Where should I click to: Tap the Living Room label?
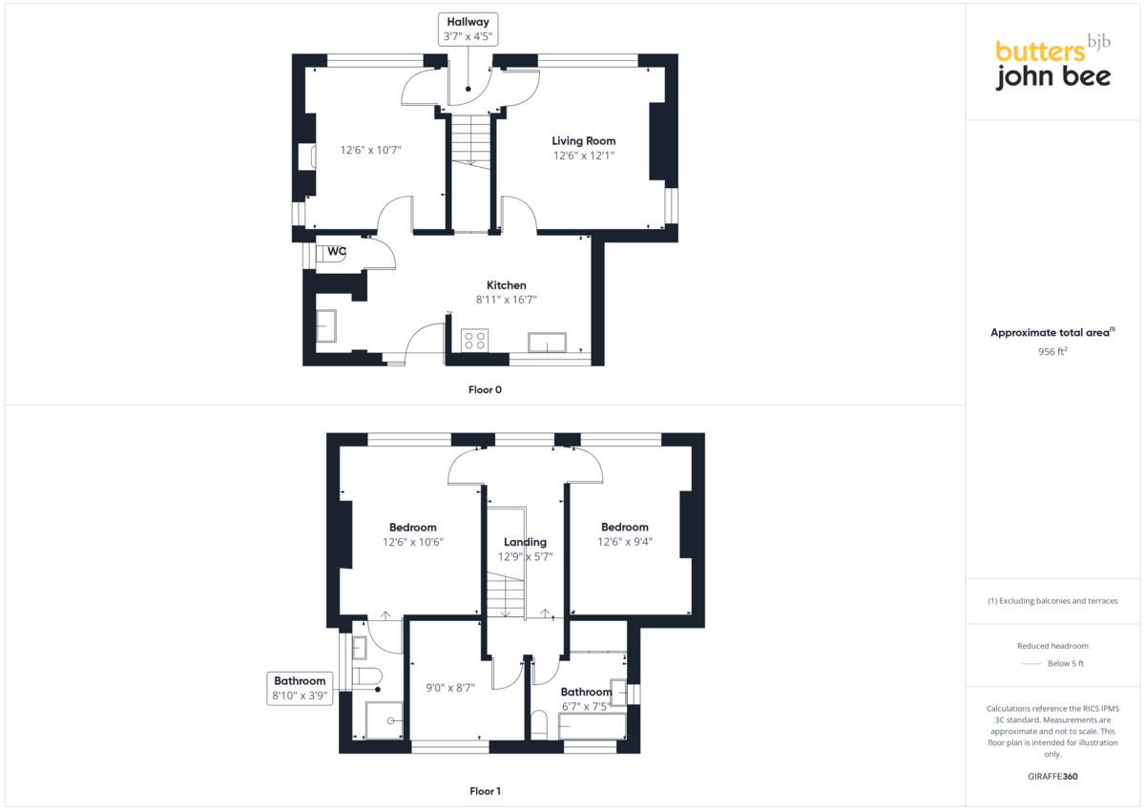583,141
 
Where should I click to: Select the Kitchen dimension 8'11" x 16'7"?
506,300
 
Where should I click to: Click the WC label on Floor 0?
336,252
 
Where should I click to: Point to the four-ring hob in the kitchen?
474,341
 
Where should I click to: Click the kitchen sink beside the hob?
547,342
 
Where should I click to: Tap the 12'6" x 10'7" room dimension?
371,150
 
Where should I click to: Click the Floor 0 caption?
485,389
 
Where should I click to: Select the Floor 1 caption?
485,791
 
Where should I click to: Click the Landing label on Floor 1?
525,542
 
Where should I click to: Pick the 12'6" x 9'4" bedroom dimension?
625,542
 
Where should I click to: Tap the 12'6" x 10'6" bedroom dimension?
413,542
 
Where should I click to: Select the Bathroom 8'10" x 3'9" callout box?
301,689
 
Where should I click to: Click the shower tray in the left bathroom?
385,721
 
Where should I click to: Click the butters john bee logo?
1052,65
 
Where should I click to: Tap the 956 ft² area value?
1052,351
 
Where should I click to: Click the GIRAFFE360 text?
1052,777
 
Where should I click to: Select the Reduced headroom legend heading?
1052,646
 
